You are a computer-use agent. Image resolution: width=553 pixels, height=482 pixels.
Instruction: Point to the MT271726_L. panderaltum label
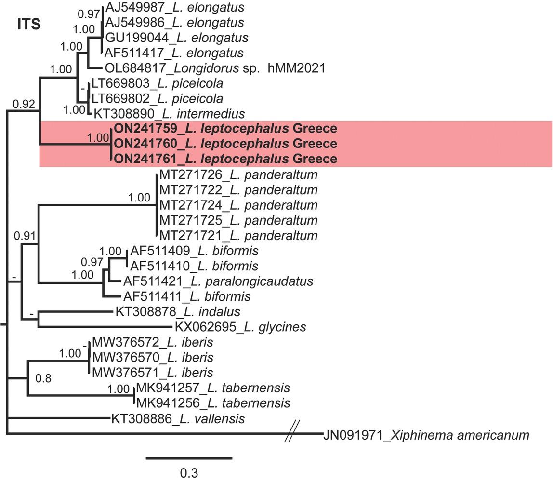click(x=238, y=174)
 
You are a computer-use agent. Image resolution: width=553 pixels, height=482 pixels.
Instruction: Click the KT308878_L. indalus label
click(x=178, y=311)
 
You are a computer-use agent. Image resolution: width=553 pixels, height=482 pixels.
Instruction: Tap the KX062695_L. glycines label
click(x=240, y=327)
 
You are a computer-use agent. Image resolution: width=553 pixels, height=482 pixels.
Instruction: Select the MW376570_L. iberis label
click(x=152, y=358)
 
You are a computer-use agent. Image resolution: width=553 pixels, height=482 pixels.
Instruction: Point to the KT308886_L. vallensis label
click(x=178, y=419)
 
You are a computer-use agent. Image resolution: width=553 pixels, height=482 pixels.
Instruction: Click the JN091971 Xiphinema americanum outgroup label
click(x=426, y=435)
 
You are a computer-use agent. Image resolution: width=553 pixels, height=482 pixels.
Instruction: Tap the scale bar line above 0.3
click(x=189, y=458)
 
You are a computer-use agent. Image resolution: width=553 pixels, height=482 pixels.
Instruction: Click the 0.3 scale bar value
click(x=189, y=472)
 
